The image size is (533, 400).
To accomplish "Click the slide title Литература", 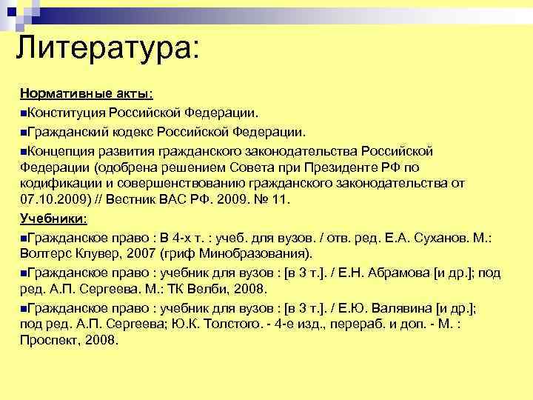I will click(x=107, y=50).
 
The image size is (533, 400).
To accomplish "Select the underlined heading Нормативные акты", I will click(x=87, y=95).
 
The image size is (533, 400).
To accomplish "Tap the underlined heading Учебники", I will click(x=53, y=219).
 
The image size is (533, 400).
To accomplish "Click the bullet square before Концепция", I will click(x=24, y=151).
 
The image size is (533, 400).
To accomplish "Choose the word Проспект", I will click(x=47, y=341).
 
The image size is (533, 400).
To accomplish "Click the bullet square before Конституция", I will click(x=24, y=114).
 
